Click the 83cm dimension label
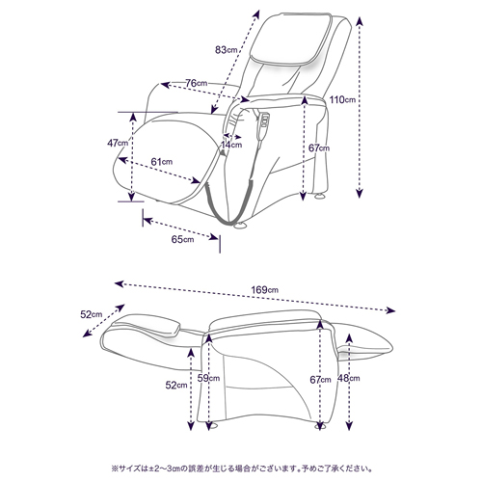point(227,50)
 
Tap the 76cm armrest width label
point(197,83)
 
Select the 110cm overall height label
point(342,99)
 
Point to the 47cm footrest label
point(118,143)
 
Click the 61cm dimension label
point(162,162)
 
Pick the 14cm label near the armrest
point(231,145)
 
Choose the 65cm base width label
point(182,239)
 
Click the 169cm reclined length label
point(265,290)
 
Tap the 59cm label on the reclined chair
point(208,378)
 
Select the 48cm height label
point(349,378)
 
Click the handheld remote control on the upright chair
point(264,127)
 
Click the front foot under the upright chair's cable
point(240,226)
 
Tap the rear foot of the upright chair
point(320,196)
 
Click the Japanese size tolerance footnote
point(242,469)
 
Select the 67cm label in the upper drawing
point(319,148)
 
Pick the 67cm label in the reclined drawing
point(320,380)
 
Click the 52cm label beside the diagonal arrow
point(92,314)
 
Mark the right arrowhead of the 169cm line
point(390,310)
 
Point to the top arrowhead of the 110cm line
point(360,21)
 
